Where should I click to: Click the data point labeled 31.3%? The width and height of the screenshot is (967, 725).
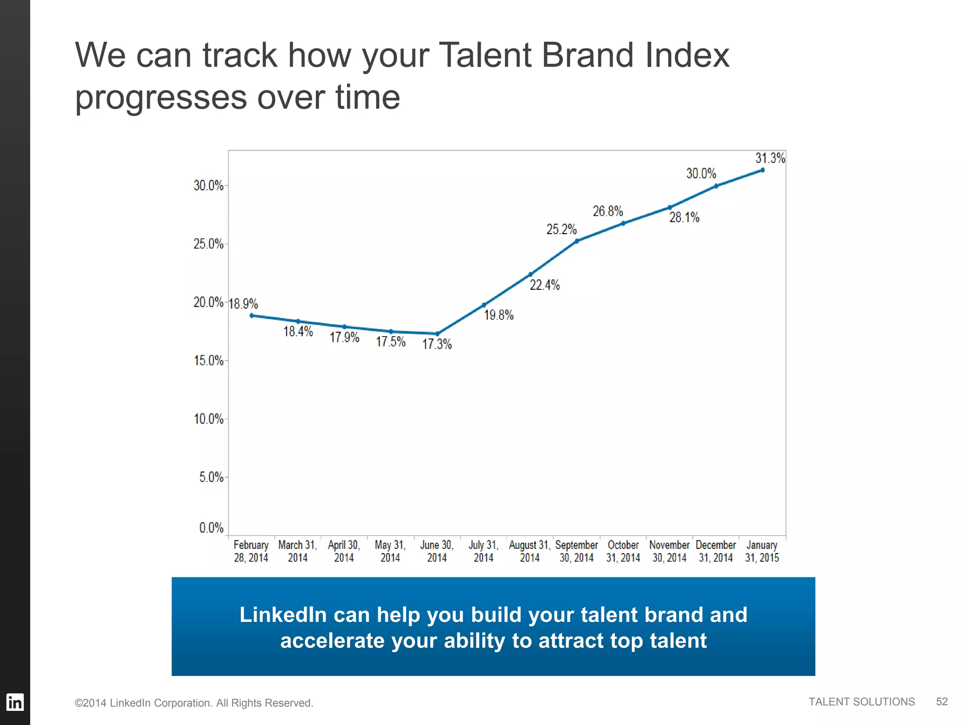[762, 170]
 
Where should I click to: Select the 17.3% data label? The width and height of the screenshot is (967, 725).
[437, 344]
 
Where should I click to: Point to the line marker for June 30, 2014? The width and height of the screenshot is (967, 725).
[437, 334]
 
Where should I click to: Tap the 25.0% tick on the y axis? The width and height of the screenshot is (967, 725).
[208, 244]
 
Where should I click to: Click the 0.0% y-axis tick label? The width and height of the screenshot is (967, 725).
[211, 528]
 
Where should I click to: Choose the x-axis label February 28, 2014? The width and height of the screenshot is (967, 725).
[251, 551]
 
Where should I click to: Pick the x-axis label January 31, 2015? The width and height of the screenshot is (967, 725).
[762, 551]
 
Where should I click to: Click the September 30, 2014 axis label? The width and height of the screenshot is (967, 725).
[576, 551]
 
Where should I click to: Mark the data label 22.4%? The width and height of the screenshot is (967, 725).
[544, 285]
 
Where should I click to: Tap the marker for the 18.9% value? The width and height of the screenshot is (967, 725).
[252, 315]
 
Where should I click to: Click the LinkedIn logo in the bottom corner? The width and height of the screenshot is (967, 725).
[15, 702]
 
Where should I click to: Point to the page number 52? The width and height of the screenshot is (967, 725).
[942, 702]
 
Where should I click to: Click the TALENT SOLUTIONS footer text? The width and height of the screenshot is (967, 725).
[861, 702]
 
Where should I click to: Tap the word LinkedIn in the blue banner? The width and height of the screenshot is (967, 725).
[283, 615]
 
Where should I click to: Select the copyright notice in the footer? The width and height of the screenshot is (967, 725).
[194, 703]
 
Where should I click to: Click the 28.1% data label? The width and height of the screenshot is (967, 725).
[684, 218]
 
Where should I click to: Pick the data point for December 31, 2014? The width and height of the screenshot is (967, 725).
[716, 186]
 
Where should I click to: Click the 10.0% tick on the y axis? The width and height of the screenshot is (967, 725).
[208, 419]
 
